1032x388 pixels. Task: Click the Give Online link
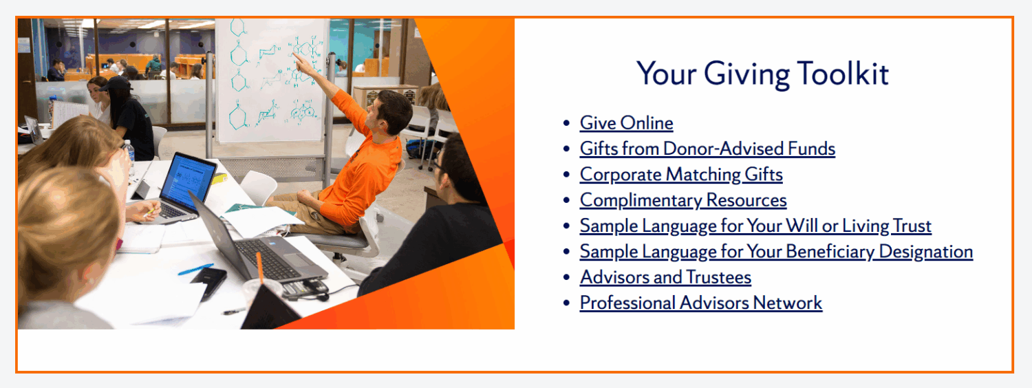pos(626,123)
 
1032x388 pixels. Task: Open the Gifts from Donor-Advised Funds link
pos(707,149)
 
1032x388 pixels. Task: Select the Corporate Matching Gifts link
pos(681,175)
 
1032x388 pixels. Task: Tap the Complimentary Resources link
pos(683,200)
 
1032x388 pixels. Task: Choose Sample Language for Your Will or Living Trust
pos(755,226)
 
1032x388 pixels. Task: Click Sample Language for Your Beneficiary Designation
pos(776,252)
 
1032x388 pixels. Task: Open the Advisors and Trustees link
pos(665,277)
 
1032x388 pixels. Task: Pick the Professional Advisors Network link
pos(701,303)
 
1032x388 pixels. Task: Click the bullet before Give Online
pos(566,124)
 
